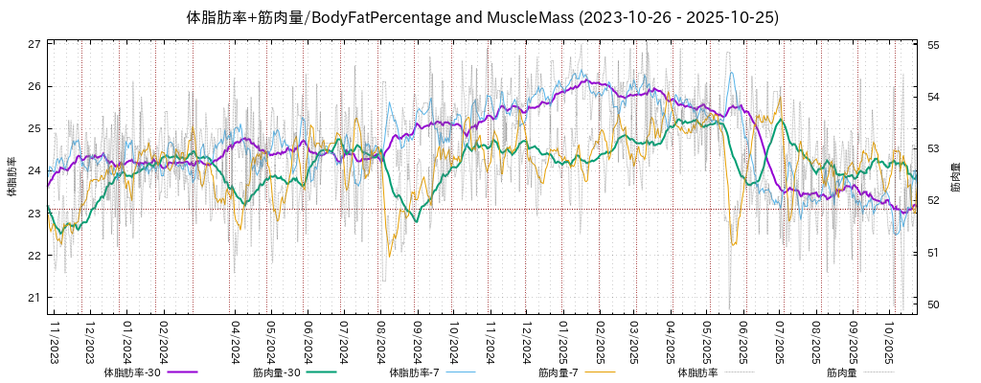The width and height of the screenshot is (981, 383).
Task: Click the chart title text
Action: point(482,18)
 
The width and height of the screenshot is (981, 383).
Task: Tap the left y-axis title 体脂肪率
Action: point(11,177)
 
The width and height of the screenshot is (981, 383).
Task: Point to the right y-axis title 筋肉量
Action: point(955,177)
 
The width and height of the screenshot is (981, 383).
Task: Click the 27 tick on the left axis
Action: point(34,44)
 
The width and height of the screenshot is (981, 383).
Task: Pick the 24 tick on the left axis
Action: point(34,171)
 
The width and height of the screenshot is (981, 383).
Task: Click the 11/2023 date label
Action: point(55,342)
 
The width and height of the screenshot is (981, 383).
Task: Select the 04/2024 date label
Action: point(235,342)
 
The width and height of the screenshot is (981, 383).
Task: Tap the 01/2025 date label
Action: point(563,342)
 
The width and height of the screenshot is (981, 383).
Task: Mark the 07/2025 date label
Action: point(780,342)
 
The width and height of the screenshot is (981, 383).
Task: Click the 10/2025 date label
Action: point(890,342)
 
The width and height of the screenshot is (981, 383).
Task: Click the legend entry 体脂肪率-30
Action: point(132,372)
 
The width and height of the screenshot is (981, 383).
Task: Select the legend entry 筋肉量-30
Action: point(277,372)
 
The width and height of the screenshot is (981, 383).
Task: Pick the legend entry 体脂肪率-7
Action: point(414,372)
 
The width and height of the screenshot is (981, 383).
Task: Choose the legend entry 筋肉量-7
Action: point(558,372)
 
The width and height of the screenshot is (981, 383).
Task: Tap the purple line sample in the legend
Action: point(181,372)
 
